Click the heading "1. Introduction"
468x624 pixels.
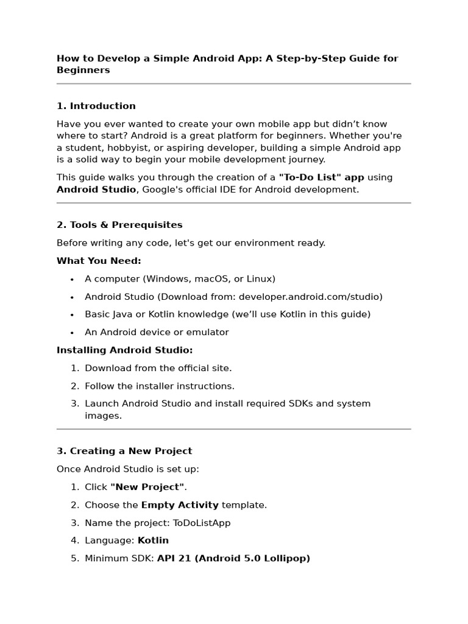(96, 106)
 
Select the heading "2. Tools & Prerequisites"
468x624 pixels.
(119, 225)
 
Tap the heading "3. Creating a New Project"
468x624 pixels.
(124, 451)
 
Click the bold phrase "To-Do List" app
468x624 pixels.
(321, 177)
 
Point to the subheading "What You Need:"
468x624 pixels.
(99, 261)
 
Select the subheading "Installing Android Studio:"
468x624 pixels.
(124, 350)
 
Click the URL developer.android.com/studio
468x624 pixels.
(310, 297)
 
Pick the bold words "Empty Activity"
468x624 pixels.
(180, 505)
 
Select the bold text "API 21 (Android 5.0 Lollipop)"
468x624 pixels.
(233, 558)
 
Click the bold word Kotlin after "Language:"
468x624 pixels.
(153, 541)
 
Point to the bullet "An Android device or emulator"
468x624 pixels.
(157, 332)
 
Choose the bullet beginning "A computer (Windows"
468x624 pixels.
(180, 279)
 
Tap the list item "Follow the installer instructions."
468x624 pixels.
(159, 386)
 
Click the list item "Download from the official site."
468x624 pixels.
(158, 368)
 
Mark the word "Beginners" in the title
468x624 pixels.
(83, 70)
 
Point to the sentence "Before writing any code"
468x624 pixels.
(191, 243)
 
